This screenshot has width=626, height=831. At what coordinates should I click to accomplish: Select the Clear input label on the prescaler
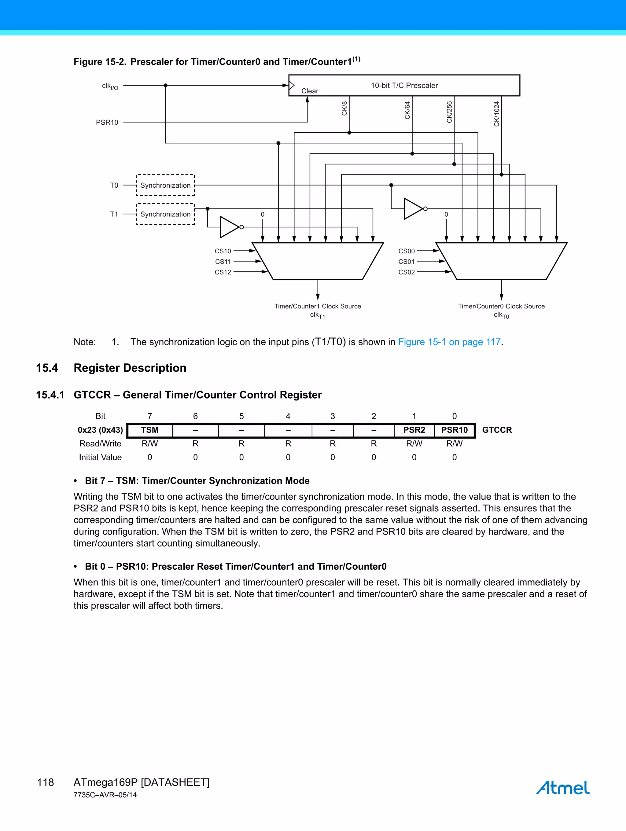tap(310, 91)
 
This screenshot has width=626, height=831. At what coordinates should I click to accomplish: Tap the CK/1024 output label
tap(496, 114)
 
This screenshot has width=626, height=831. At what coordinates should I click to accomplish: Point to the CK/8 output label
tap(344, 108)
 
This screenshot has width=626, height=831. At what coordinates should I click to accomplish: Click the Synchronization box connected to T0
tap(165, 185)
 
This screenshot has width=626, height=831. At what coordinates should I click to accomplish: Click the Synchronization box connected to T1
tap(165, 214)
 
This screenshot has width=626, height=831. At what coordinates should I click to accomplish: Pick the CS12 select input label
tap(223, 272)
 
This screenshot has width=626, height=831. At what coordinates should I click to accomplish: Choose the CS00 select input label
tap(407, 251)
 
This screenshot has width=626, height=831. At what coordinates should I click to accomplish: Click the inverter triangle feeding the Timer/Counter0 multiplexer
tap(413, 209)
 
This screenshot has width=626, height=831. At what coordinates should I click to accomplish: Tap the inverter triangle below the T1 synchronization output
tap(229, 227)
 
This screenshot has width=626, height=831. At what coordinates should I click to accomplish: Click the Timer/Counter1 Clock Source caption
tap(318, 306)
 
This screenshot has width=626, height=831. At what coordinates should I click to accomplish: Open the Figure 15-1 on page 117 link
tap(449, 342)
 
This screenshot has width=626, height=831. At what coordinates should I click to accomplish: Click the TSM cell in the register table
tap(149, 430)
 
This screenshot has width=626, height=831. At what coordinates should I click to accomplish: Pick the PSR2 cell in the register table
tap(414, 430)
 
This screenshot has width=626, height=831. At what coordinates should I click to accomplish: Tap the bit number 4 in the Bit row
tap(288, 416)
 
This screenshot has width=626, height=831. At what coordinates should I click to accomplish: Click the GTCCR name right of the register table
tap(497, 430)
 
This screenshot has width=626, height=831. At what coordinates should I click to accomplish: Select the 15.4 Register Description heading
tap(130, 368)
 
